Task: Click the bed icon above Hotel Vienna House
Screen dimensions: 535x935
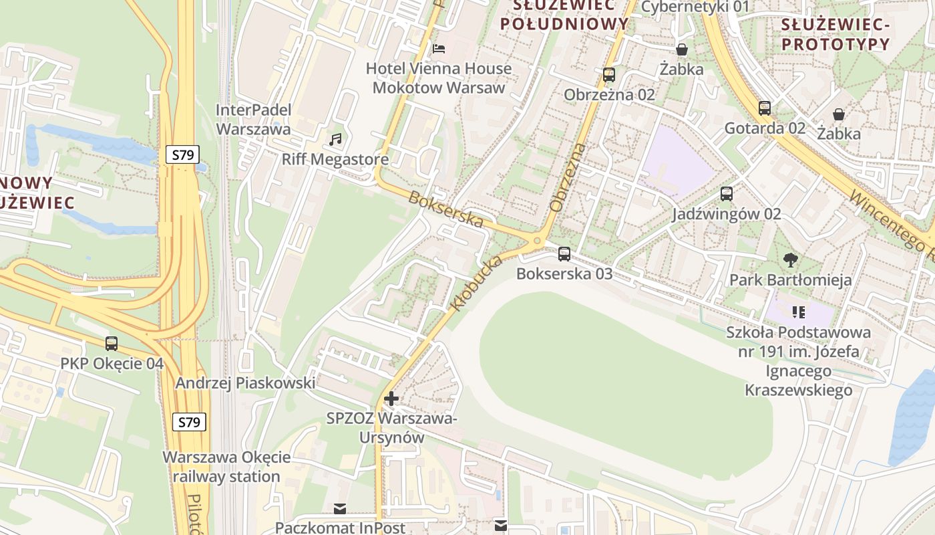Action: click(439, 48)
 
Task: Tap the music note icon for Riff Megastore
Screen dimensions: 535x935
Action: click(335, 139)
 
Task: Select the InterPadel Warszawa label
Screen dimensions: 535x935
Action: click(254, 119)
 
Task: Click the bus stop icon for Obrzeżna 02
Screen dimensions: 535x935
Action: click(609, 74)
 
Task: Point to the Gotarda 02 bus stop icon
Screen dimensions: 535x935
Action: click(765, 108)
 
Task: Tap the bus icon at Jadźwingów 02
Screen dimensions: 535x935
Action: click(727, 194)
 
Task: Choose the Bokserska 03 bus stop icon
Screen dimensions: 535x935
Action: click(564, 253)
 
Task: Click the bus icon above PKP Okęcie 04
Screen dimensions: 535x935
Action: click(112, 344)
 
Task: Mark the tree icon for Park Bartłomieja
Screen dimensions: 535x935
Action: click(791, 259)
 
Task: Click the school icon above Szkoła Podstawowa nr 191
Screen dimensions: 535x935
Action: click(798, 312)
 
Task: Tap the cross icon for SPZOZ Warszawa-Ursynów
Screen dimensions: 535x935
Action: click(391, 399)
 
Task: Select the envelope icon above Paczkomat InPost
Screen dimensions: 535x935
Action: click(341, 510)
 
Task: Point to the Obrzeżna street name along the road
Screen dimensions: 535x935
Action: click(566, 178)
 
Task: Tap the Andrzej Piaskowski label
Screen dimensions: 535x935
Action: click(245, 383)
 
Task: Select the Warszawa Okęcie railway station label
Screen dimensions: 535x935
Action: click(226, 467)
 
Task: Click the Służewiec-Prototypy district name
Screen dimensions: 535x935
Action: click(835, 35)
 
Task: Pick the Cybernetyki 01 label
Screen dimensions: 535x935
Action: click(695, 7)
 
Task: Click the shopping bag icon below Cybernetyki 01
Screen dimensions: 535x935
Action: click(682, 49)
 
